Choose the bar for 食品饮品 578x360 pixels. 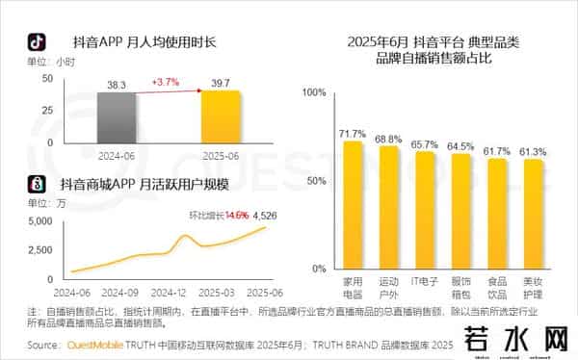496,214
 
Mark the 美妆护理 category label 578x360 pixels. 532,289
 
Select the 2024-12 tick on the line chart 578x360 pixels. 169,292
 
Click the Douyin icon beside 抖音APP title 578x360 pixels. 35,42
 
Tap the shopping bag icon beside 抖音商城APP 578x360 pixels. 35,183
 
